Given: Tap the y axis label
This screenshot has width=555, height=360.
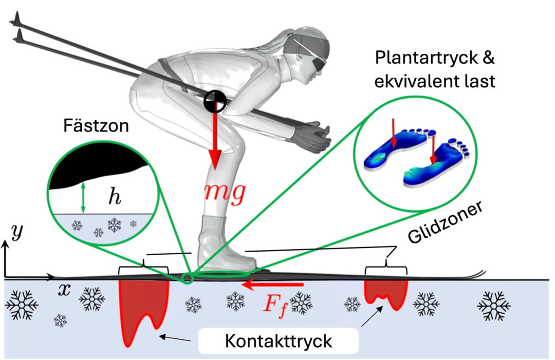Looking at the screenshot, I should point(17,234).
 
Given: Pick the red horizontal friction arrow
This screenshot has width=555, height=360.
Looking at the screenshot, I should point(272,283).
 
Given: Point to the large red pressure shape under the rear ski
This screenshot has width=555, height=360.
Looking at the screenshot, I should point(138,308).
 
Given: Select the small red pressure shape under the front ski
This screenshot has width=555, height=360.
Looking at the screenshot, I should point(386,293).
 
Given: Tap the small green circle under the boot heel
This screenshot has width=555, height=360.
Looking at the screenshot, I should point(188,278).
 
